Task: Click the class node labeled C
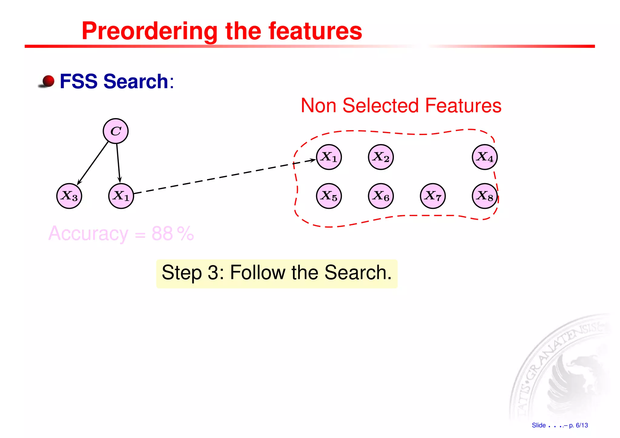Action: tap(116, 131)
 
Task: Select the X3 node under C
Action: tap(69, 196)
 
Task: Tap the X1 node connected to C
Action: tap(121, 196)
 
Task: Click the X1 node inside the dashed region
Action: tap(329, 157)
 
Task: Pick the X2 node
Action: tap(381, 157)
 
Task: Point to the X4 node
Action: tap(485, 157)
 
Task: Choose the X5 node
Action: tap(329, 196)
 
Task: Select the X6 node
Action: tap(381, 196)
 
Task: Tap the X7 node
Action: tap(433, 196)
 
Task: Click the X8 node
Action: tap(485, 196)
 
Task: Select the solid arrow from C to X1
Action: tap(118, 163)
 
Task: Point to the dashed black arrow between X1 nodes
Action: tap(224, 176)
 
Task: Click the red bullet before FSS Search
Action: tap(48, 81)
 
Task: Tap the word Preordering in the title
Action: tap(150, 31)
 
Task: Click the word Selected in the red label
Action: tap(383, 106)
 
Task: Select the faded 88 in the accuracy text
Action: tap(162, 234)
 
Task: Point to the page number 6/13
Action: tap(582, 425)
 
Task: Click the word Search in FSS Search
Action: tap(136, 81)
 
